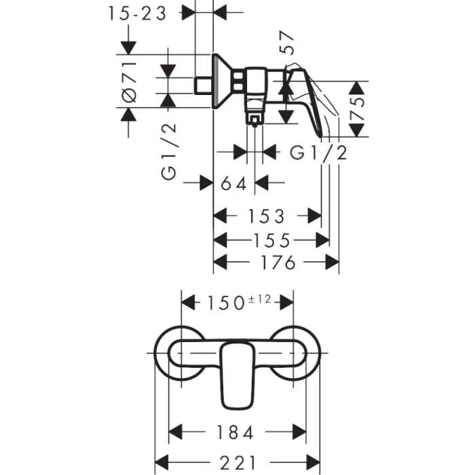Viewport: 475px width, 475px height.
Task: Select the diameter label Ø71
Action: pyautogui.click(x=129, y=81)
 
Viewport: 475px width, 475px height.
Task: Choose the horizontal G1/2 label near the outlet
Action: pyautogui.click(x=319, y=152)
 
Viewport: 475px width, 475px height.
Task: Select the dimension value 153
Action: pyautogui.click(x=266, y=216)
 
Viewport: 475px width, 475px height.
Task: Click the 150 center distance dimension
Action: pyautogui.click(x=224, y=301)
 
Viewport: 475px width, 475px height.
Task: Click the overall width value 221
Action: pyautogui.click(x=237, y=462)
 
